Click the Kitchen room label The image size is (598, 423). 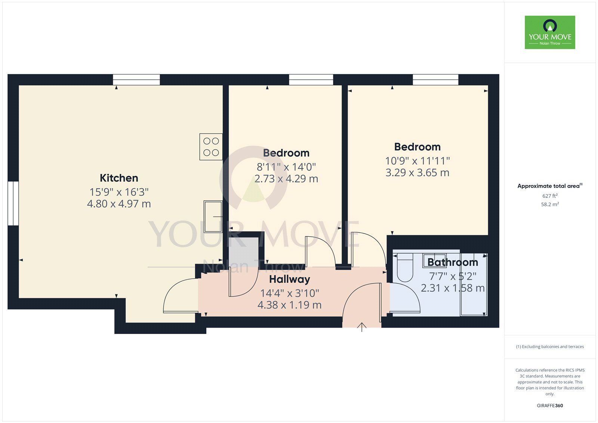[x=119, y=178]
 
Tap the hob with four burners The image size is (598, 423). [x=211, y=147]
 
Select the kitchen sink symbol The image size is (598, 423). [x=213, y=216]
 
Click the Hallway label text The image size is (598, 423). [x=290, y=279]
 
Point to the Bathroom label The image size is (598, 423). [x=453, y=262]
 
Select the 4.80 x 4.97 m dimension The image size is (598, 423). [x=119, y=204]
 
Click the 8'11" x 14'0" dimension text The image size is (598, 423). [x=286, y=167]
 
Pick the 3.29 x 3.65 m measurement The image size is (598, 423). [x=417, y=173]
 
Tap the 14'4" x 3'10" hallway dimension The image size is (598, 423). [x=290, y=293]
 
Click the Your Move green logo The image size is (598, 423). [x=550, y=33]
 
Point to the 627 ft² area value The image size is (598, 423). [x=550, y=196]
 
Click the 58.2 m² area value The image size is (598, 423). [x=550, y=205]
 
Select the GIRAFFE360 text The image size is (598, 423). [x=550, y=405]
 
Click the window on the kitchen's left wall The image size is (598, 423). [x=13, y=203]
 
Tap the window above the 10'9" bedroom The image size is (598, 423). [x=435, y=80]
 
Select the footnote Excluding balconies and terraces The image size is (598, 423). [x=550, y=347]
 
